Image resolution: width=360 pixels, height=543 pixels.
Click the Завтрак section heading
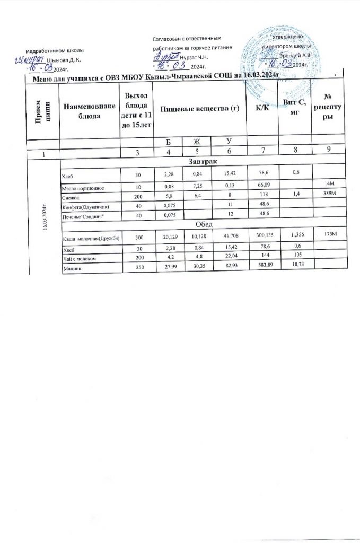tap(202, 160)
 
